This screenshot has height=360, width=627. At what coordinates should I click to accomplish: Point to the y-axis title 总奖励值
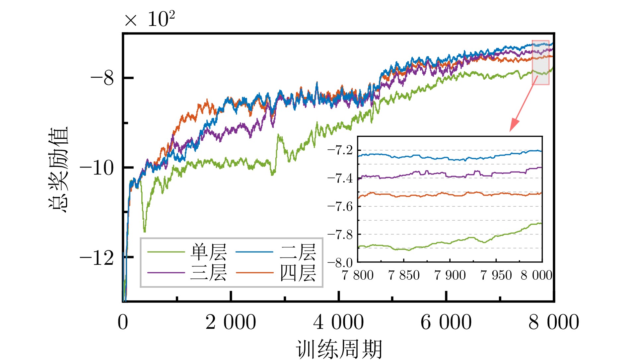pos(58,169)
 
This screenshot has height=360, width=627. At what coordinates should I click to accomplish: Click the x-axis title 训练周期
pos(339,349)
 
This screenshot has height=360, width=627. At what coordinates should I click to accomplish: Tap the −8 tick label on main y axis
pos(102,79)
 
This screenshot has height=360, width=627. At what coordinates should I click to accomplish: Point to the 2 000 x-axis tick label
pos(231,322)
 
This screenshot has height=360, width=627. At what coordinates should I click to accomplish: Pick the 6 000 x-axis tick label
pos(446,322)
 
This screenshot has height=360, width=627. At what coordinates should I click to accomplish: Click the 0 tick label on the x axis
pos(123,322)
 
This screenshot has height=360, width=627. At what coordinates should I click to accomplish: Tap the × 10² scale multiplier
pos(150,19)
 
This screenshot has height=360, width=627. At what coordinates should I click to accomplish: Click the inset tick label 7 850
pos(404,275)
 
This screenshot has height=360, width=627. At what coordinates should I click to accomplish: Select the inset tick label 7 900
pos(450,275)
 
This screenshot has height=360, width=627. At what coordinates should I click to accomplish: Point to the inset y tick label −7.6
pos(340,206)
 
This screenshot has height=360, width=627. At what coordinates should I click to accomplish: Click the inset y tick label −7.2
pos(340,150)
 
